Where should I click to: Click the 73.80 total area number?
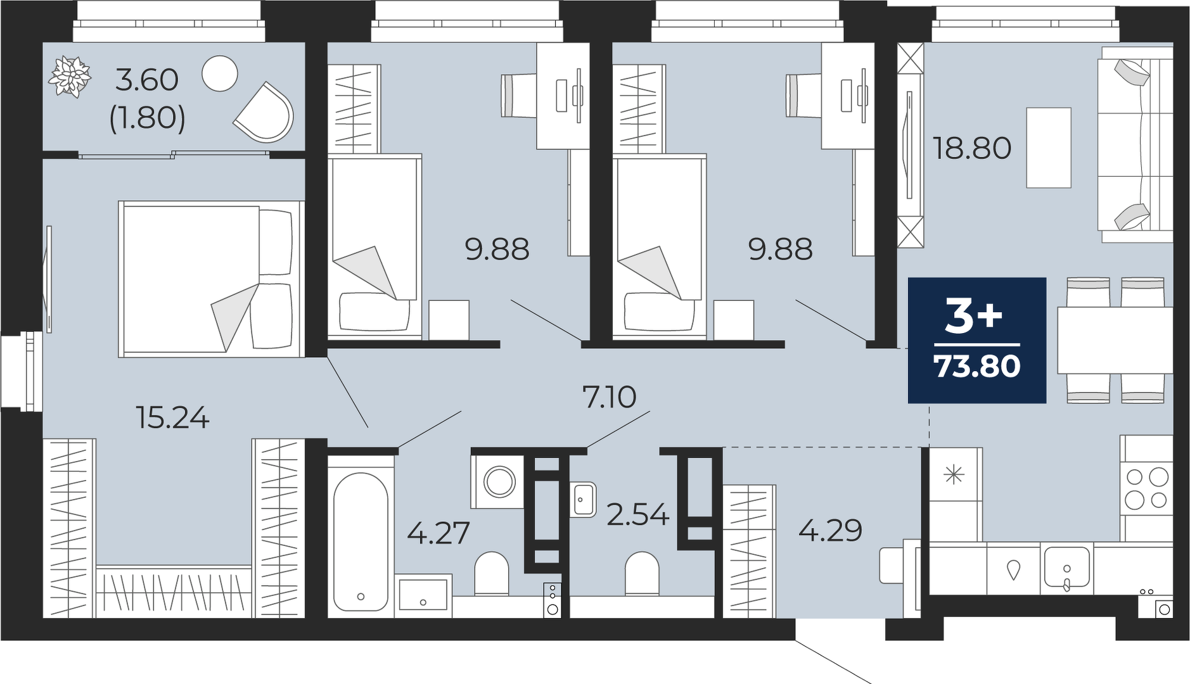click(977, 366)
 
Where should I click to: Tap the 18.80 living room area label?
click(972, 148)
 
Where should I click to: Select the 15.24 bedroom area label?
click(173, 418)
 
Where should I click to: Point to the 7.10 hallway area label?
click(609, 397)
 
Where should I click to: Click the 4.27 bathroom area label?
click(438, 533)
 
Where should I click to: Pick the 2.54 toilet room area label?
click(637, 514)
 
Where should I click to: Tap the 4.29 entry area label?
click(830, 530)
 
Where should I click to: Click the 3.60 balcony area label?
click(147, 80)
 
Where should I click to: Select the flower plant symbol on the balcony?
click(70, 77)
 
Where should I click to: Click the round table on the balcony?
click(220, 73)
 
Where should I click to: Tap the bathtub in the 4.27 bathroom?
click(361, 541)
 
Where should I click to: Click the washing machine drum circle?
click(499, 482)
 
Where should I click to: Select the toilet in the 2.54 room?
click(642, 573)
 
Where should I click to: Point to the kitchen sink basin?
click(1066, 567)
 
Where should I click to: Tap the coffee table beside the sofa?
click(1049, 148)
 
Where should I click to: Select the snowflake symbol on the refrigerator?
click(954, 474)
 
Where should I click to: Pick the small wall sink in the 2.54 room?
click(583, 500)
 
